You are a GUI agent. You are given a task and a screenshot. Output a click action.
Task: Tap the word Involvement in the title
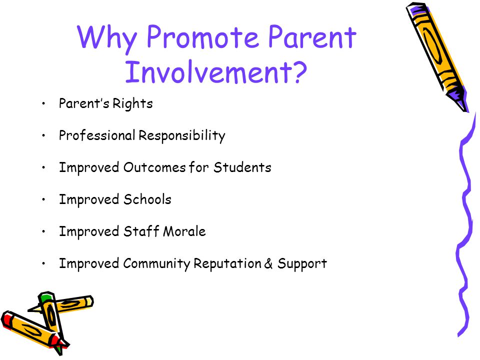click(x=205, y=71)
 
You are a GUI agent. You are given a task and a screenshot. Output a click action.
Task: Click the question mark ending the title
click(x=297, y=72)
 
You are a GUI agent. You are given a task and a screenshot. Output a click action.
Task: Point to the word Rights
click(x=132, y=104)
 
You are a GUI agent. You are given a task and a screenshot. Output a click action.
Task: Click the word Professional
click(x=97, y=135)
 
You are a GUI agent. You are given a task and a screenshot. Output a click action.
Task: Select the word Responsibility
click(x=182, y=135)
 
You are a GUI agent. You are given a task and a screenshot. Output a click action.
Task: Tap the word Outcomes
click(x=154, y=167)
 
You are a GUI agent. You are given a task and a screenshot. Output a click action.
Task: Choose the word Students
click(x=242, y=167)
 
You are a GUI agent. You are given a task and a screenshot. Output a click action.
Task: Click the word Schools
click(x=147, y=199)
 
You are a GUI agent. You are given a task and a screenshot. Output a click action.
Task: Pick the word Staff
click(x=141, y=231)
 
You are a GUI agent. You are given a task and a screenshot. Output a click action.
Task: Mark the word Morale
click(x=184, y=231)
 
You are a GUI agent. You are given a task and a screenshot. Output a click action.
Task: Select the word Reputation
click(x=227, y=264)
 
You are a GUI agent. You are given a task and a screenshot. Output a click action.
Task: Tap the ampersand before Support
click(x=268, y=263)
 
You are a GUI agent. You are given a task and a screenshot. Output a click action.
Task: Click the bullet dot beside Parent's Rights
click(x=44, y=103)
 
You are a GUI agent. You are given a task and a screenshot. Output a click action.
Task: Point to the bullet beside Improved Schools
click(x=44, y=199)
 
